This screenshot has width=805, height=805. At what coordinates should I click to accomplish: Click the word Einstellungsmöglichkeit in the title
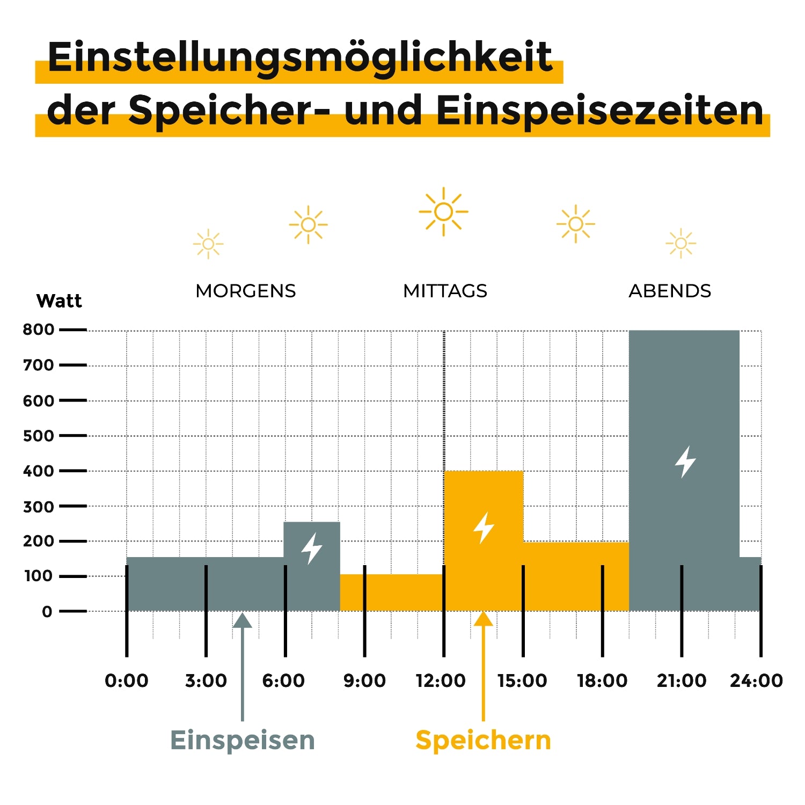click(x=299, y=57)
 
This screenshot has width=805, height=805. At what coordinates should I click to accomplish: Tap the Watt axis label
click(x=59, y=301)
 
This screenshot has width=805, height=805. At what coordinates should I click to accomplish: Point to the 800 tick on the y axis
click(x=39, y=330)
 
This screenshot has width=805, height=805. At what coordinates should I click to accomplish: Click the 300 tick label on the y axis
click(x=39, y=507)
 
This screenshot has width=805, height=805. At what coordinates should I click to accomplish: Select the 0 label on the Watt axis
click(x=47, y=612)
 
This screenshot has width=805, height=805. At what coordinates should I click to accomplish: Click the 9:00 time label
click(x=364, y=680)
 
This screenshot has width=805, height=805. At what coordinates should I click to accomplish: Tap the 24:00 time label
click(x=756, y=680)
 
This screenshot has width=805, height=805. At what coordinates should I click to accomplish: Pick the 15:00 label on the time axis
click(x=522, y=680)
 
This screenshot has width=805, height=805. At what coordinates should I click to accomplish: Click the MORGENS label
click(x=245, y=291)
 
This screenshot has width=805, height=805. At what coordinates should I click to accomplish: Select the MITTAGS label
click(x=445, y=291)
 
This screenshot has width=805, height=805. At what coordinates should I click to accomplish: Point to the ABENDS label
click(x=670, y=291)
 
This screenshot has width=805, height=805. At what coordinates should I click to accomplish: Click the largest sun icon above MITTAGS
click(x=444, y=212)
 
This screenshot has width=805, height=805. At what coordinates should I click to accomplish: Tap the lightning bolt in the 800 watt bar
click(x=685, y=462)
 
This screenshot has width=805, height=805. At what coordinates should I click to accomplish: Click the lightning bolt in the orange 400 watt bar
click(x=484, y=528)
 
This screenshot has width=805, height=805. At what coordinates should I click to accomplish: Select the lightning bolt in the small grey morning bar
click(x=312, y=548)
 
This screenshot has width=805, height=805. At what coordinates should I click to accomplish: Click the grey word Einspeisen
click(x=243, y=740)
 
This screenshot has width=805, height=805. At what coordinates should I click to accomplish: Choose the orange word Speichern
click(x=483, y=740)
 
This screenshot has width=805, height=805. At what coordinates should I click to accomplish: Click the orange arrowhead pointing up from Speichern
click(x=483, y=619)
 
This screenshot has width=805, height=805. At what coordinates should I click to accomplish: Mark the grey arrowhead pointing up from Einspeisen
click(x=243, y=620)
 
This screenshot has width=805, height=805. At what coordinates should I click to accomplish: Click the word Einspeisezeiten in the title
click(x=599, y=111)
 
